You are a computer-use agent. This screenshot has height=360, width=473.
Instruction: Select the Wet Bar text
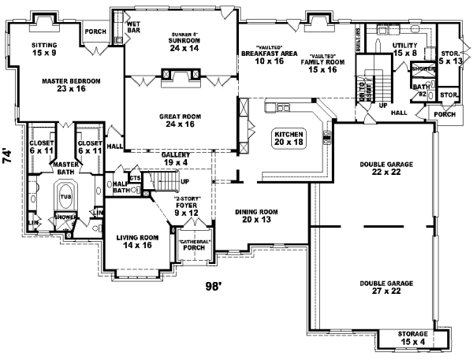[133, 28]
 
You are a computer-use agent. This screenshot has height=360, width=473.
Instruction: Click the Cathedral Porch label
[192, 244]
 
